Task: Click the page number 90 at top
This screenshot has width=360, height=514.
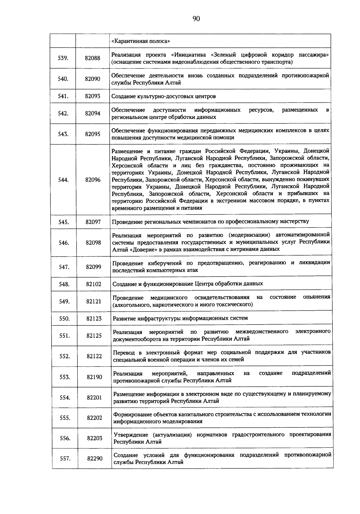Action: coord(196,19)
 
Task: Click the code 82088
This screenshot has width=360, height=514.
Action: coord(92,58)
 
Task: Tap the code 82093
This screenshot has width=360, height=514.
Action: coord(92,96)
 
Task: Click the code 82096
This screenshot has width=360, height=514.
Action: coord(93,180)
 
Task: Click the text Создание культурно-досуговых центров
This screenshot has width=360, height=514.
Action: coord(163,97)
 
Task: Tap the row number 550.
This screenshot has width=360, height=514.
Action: coord(64,319)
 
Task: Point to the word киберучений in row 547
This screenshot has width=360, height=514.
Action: coord(166,263)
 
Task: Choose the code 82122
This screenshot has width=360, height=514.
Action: coord(94,356)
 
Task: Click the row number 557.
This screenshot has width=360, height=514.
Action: coord(65,458)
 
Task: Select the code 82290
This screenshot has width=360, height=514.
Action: coord(95,458)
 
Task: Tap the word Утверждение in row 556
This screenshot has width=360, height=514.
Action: coord(130,435)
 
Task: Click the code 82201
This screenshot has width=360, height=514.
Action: coord(94,397)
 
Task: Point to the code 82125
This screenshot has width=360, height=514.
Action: coord(94,336)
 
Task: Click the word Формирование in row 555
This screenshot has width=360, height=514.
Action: coord(132,414)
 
